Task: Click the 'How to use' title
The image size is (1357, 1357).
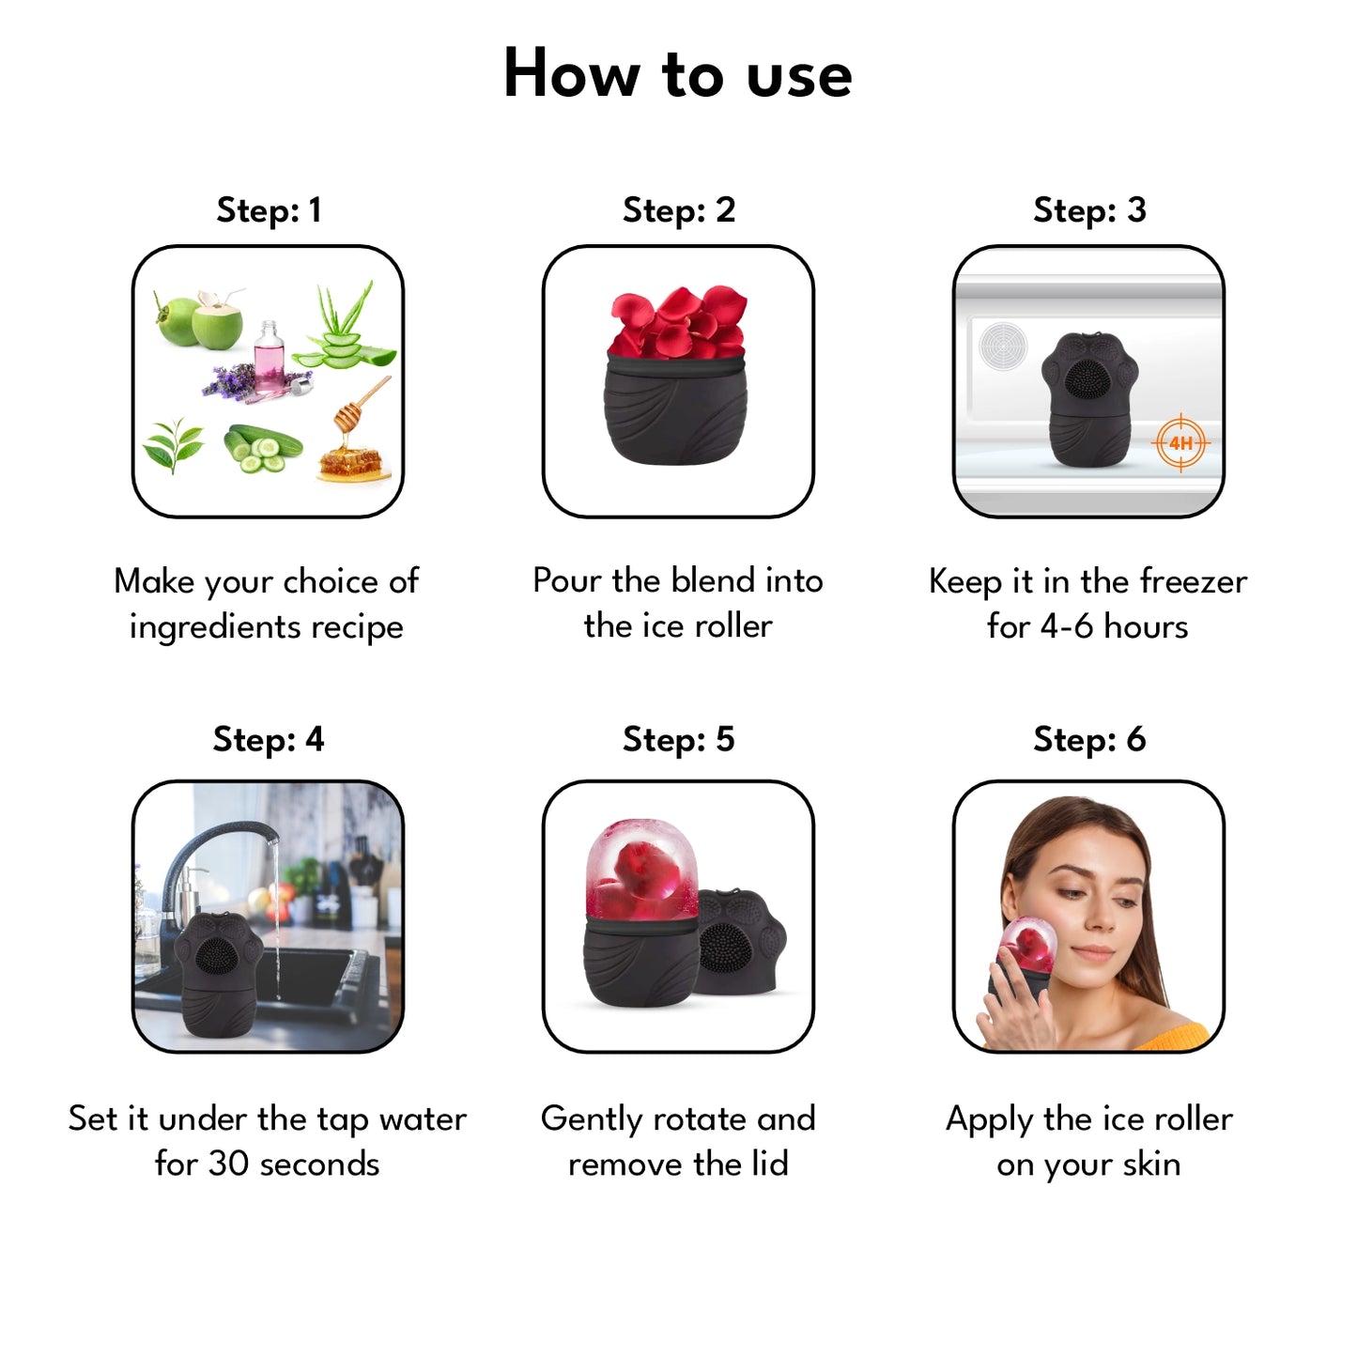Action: click(677, 73)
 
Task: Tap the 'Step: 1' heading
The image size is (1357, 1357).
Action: click(269, 209)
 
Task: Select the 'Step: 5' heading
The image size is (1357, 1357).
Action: click(678, 739)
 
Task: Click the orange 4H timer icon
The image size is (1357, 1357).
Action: click(1181, 442)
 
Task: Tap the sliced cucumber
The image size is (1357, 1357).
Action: click(261, 449)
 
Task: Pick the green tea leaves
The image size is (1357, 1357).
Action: click(173, 444)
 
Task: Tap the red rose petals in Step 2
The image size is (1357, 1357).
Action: click(677, 322)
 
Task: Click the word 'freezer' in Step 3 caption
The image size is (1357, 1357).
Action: click(1194, 581)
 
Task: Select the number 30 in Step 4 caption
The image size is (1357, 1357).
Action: click(229, 1164)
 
